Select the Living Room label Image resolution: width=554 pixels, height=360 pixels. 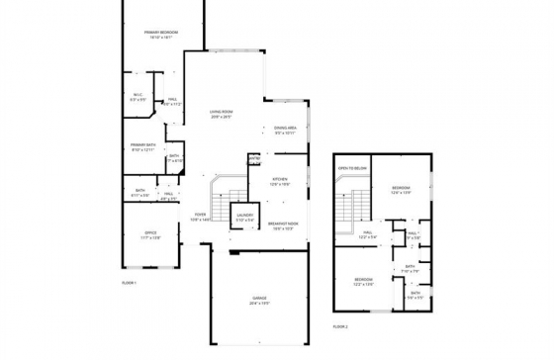(221, 114)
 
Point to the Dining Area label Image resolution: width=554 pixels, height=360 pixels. (287, 130)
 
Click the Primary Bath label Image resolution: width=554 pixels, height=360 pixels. (143, 146)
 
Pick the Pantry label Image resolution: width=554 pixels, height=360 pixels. (254, 158)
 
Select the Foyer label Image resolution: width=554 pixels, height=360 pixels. (200, 217)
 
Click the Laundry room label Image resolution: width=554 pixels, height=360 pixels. (244, 218)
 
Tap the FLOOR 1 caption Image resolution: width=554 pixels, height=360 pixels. (128, 283)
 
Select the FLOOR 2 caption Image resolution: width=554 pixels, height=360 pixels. (340, 325)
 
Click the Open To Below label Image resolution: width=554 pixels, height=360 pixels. (353, 169)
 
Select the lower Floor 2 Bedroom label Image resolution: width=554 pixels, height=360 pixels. (365, 282)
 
